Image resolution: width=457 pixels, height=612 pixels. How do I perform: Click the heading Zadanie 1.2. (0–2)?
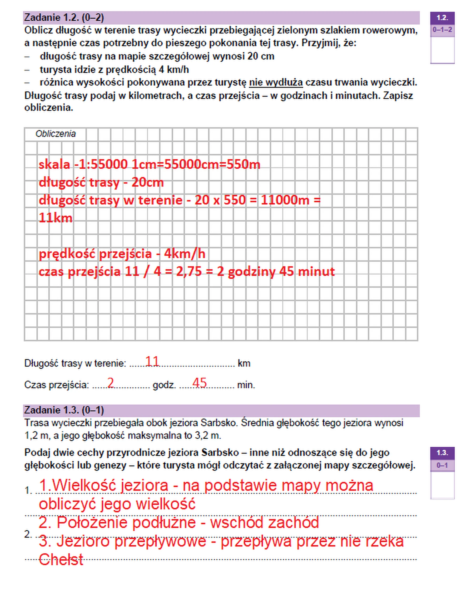pos(64,18)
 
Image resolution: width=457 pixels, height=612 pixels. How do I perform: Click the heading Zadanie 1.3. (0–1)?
pos(64,410)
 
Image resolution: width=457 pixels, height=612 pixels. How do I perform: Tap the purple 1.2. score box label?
pos(442,18)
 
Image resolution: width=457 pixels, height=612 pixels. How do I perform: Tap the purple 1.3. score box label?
pos(442,453)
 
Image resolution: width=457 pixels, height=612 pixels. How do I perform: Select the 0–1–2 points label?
pos(442,30)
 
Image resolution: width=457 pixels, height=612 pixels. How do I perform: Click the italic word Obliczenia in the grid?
pos(55,134)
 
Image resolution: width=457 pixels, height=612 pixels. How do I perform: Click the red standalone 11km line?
pos(55,218)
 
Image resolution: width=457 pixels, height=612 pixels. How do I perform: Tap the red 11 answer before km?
pos(152,362)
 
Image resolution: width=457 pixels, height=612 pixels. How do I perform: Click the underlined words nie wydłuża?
pos(276,82)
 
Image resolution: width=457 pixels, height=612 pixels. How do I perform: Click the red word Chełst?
pos(61,560)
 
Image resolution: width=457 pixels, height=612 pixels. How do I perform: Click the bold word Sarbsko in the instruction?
pos(220,453)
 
